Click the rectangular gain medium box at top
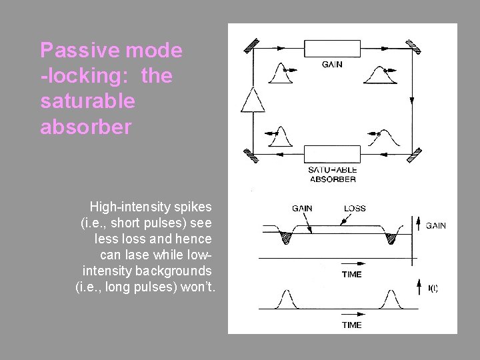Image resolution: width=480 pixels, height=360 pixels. (x=331, y=48)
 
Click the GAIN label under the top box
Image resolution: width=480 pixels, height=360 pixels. (x=333, y=65)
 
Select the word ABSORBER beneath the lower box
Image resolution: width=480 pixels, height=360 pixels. (x=333, y=179)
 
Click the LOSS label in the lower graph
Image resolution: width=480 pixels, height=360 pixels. (x=355, y=208)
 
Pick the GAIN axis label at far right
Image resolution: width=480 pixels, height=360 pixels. (x=435, y=226)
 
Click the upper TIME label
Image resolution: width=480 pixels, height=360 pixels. (x=351, y=274)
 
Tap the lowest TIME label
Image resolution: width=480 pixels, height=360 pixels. (x=351, y=325)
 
